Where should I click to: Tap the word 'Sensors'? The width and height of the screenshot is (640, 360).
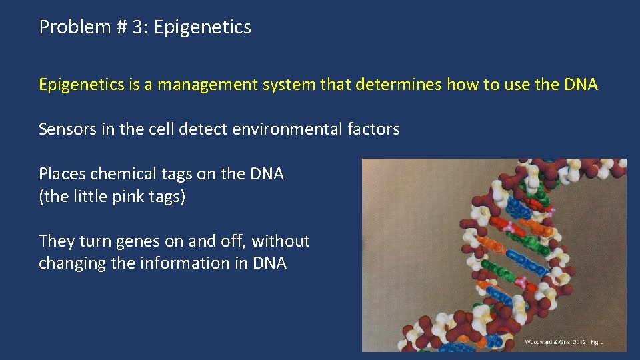coord(68,129)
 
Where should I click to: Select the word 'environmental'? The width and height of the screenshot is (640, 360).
coord(288,129)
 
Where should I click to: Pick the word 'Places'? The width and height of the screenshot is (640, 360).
coord(62,175)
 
